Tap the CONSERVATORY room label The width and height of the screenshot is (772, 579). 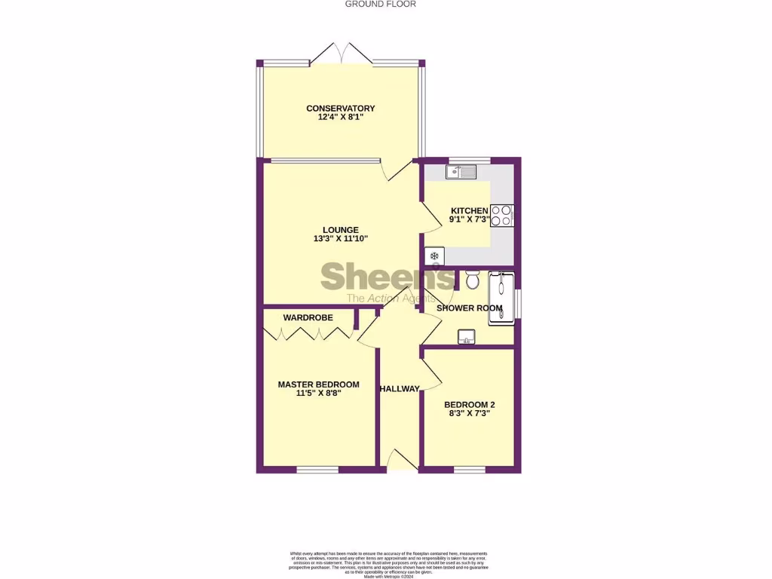pos(340,109)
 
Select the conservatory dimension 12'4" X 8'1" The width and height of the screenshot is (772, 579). pos(340,118)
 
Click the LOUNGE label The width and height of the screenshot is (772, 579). pos(340,230)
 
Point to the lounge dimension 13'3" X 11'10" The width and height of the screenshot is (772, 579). pos(340,239)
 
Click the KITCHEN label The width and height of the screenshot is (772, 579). pos(470,210)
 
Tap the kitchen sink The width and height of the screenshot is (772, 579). pos(461,172)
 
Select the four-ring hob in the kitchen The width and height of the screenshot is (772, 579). pos(502,216)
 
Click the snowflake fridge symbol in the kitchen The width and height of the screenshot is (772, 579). pos(434,256)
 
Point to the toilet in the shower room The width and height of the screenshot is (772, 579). pos(473,280)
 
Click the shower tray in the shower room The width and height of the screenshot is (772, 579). pos(501,299)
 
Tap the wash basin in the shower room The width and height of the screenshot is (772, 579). pos(467,336)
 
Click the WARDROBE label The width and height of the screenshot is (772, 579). pos(308,318)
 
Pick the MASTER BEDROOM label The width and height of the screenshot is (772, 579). pos(318,384)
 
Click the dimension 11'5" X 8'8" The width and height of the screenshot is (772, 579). pos(318,394)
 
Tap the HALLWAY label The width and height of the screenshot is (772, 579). pos(400,389)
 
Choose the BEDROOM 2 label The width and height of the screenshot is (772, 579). pos(469,404)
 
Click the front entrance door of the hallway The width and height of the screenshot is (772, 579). pos(400,461)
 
